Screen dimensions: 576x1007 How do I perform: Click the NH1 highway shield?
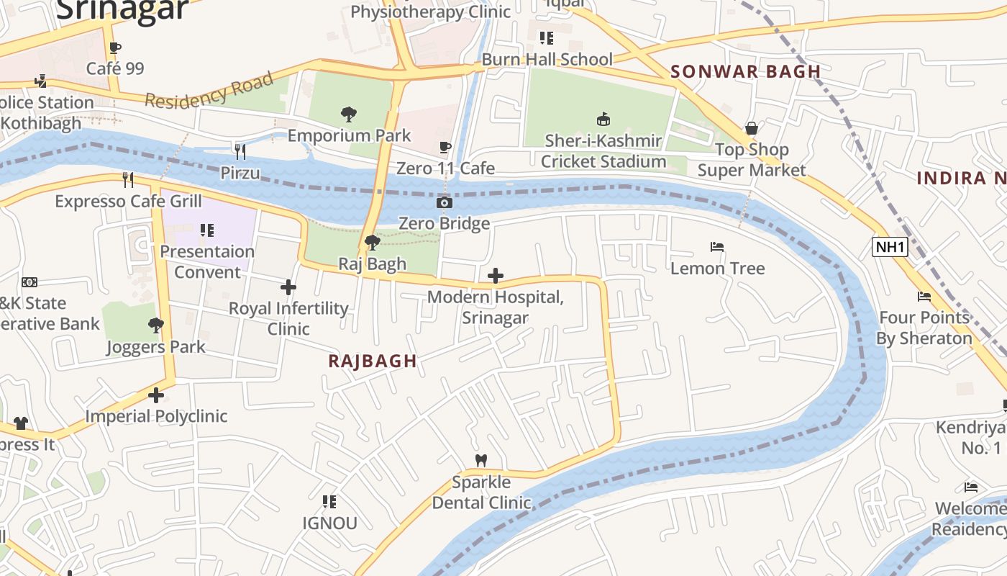[x=890, y=247]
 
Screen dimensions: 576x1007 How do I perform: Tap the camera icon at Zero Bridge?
[x=445, y=203]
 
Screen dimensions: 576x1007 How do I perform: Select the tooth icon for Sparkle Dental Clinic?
[x=481, y=460]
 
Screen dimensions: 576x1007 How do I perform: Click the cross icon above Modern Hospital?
[x=495, y=276]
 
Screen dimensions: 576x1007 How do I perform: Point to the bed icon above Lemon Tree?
[x=716, y=247]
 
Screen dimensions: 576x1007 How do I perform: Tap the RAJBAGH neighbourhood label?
[x=372, y=361]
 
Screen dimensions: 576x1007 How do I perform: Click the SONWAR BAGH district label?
[x=745, y=71]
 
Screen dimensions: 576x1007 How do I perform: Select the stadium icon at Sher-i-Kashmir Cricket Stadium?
[x=603, y=119]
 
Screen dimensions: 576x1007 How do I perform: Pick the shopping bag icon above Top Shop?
[x=751, y=128]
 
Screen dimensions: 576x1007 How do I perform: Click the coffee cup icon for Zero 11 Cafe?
[x=445, y=147]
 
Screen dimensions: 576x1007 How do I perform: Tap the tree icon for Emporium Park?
[x=349, y=114]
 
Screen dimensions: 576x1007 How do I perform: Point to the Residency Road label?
[x=209, y=90]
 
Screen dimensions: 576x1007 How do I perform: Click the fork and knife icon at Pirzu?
[x=240, y=151]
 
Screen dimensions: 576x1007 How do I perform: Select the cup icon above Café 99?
[x=114, y=48]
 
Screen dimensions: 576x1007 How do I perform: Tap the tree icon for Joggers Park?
[x=155, y=325]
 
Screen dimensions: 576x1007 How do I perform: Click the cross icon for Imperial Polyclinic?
[x=156, y=395]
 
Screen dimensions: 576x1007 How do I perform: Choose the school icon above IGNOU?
[x=329, y=501]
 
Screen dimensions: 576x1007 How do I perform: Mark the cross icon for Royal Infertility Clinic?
[x=288, y=287]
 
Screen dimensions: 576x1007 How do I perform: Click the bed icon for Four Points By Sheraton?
[x=924, y=296]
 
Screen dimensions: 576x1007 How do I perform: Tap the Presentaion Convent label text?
[x=207, y=261]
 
